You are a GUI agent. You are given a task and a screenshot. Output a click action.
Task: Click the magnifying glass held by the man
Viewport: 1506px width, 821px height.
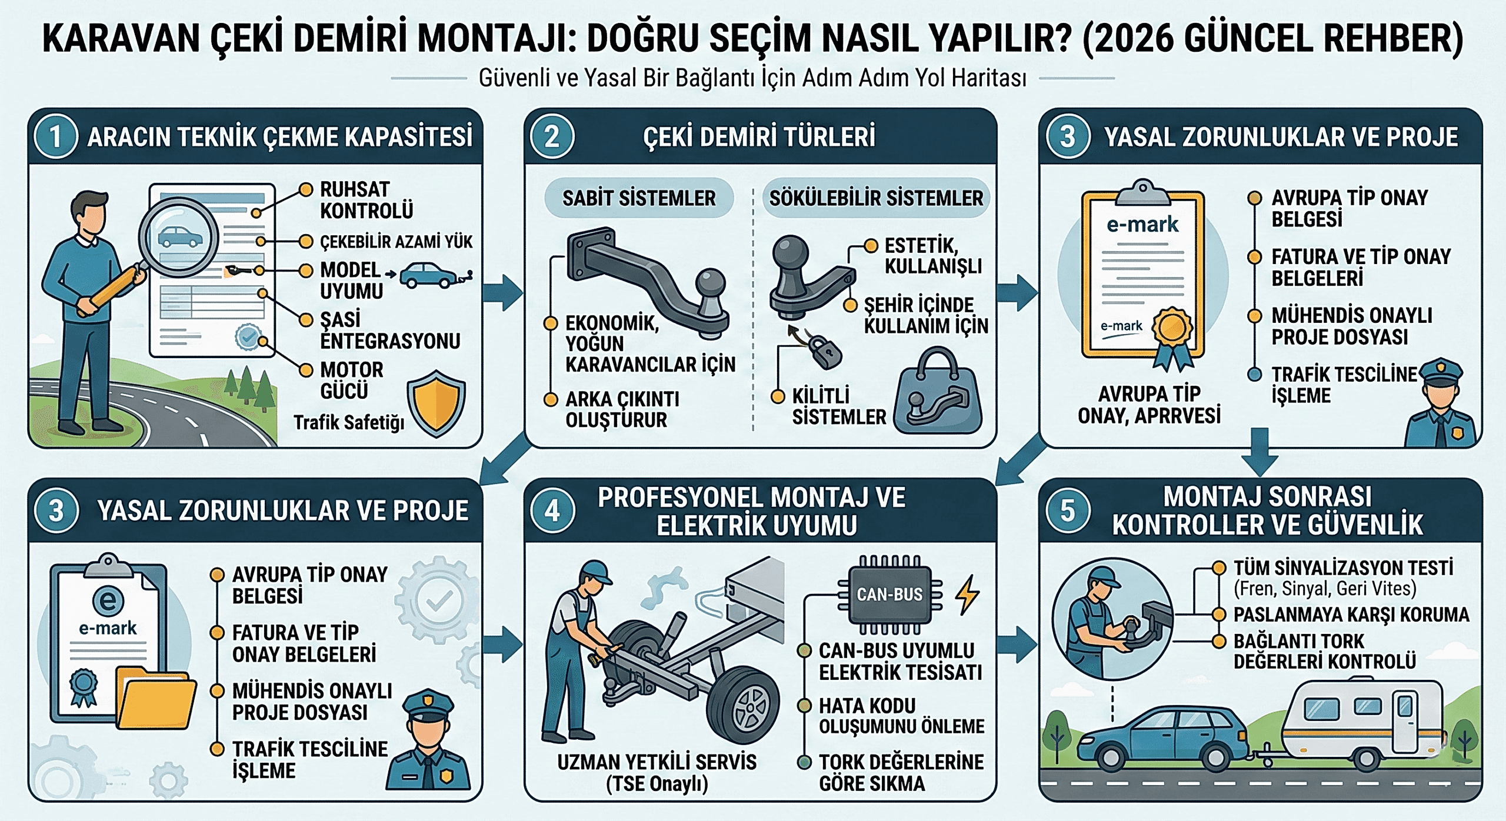[x=176, y=238]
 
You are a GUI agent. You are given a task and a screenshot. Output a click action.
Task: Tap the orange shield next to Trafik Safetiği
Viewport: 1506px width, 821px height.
[x=436, y=403]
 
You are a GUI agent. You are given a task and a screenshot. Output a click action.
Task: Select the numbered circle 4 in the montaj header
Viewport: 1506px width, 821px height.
[x=552, y=510]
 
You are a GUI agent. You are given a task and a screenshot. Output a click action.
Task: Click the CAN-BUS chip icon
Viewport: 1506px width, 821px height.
[x=889, y=595]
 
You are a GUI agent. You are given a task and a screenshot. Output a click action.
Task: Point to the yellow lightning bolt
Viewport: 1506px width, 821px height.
[x=967, y=595]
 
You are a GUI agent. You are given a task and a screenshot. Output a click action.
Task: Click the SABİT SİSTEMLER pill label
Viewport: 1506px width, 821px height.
[x=639, y=198]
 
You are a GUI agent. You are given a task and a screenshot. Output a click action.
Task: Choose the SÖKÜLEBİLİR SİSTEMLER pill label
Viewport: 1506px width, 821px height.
[x=876, y=198]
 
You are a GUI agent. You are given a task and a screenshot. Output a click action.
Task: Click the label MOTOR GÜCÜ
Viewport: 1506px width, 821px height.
[x=352, y=381]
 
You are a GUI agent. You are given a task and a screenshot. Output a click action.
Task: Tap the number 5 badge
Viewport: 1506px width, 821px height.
[x=1068, y=510]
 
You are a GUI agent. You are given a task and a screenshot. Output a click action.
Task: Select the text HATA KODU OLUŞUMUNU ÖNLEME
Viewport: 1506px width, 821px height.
[x=901, y=716]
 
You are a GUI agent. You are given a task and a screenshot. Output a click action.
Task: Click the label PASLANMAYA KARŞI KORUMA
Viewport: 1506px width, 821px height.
[x=1351, y=615]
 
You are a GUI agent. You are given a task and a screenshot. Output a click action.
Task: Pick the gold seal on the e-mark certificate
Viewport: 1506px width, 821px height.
[x=1172, y=327]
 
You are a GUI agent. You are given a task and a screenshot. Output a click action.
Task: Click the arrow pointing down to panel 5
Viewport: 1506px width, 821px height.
[x=1260, y=452]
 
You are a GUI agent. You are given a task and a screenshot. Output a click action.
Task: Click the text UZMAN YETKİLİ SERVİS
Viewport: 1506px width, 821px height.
[x=657, y=762]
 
